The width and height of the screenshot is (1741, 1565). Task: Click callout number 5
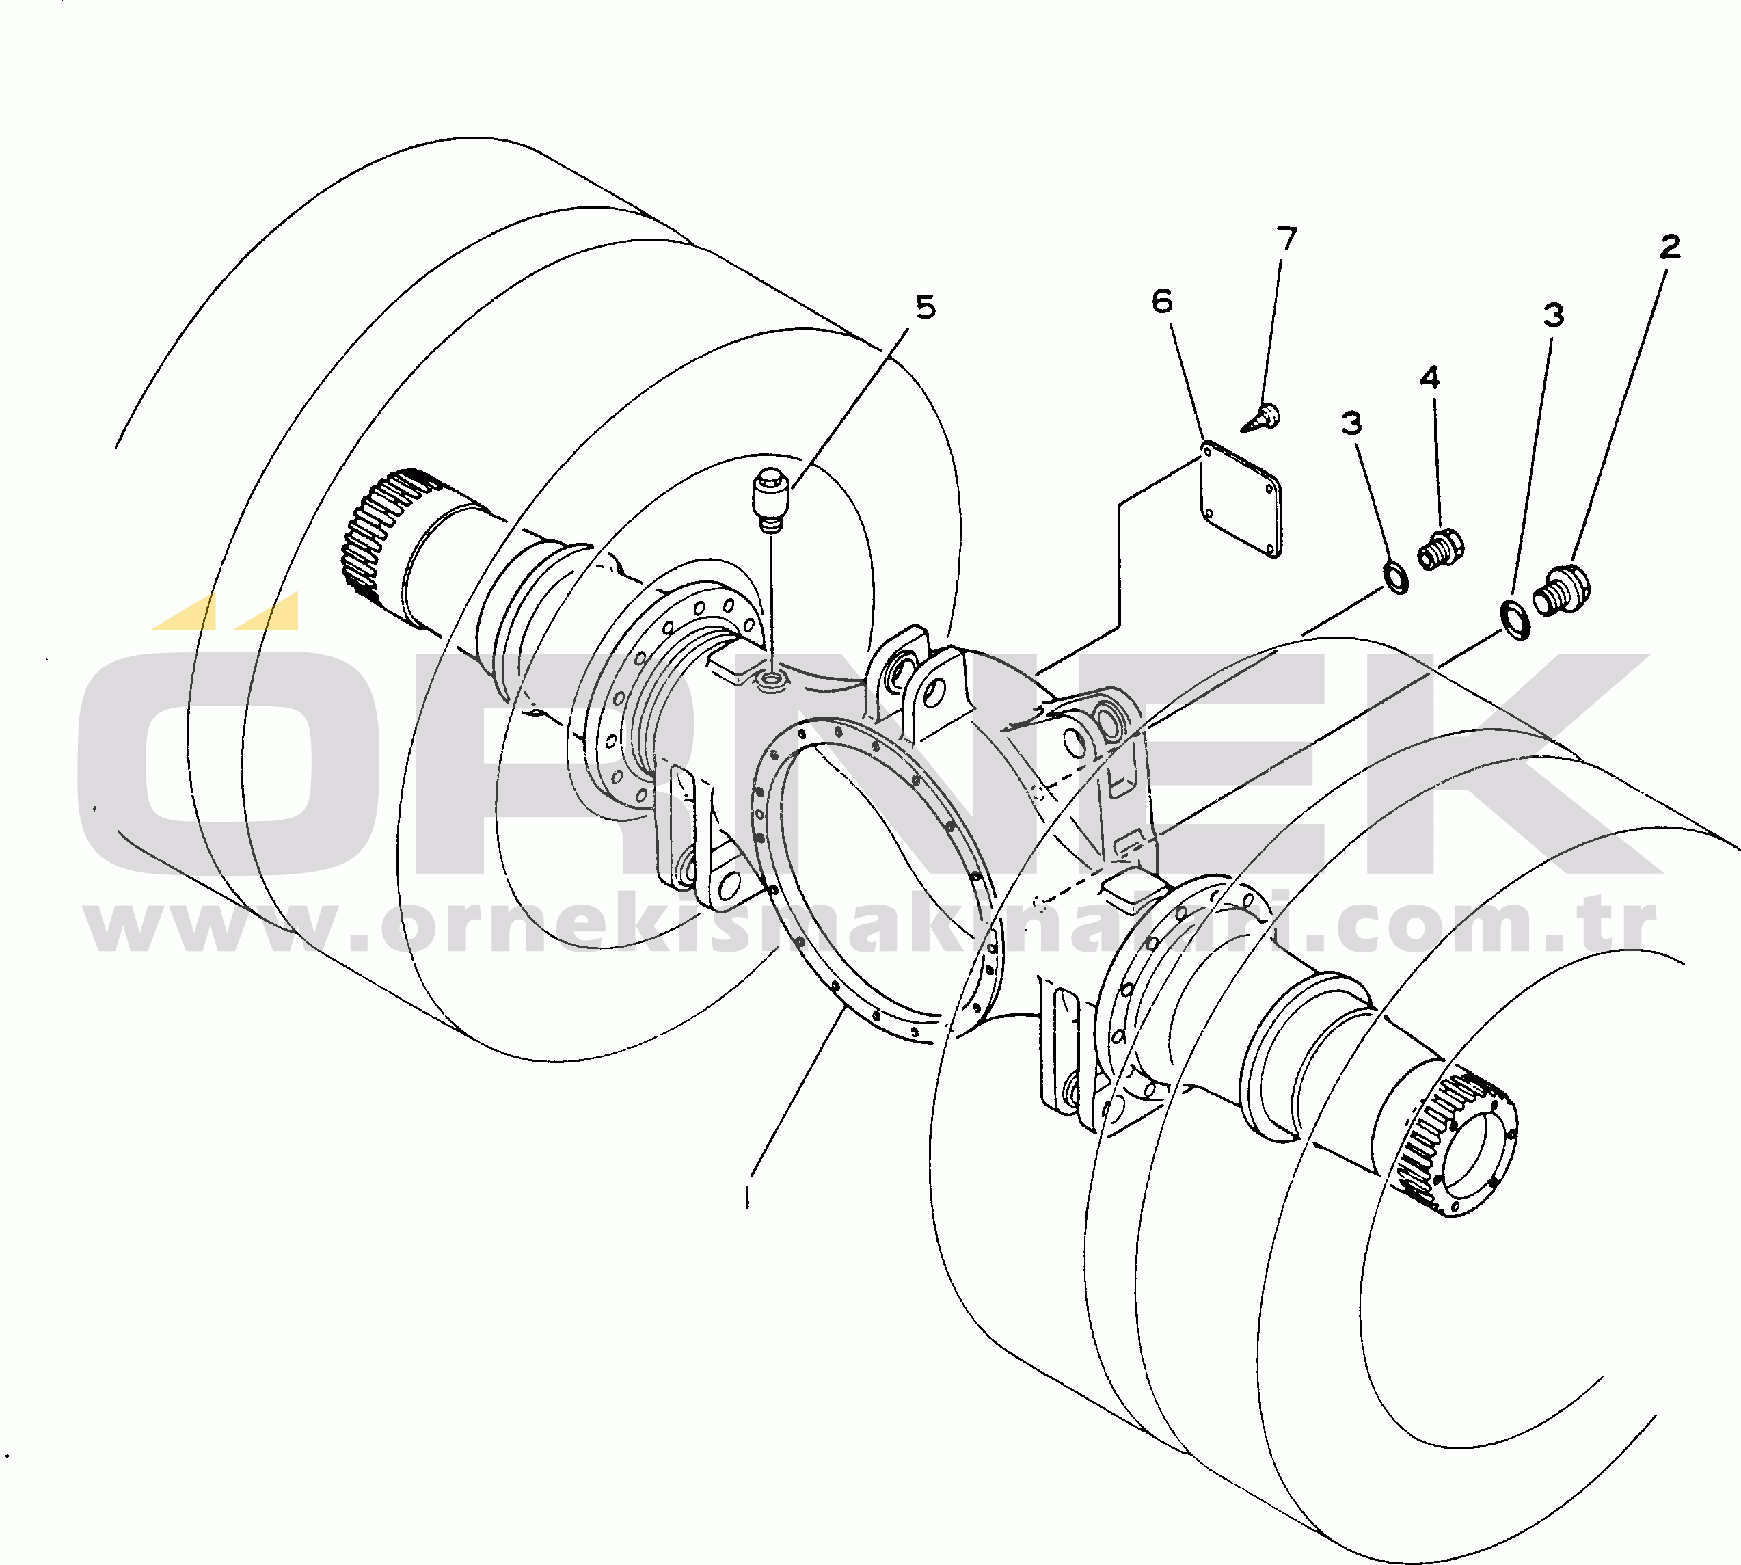point(925,307)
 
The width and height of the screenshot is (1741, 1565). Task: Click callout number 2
point(1670,248)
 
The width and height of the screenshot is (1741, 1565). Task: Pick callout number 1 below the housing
point(747,1194)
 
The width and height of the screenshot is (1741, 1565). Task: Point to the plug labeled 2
point(1561,590)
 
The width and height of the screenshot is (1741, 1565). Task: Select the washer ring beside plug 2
point(1515,621)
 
